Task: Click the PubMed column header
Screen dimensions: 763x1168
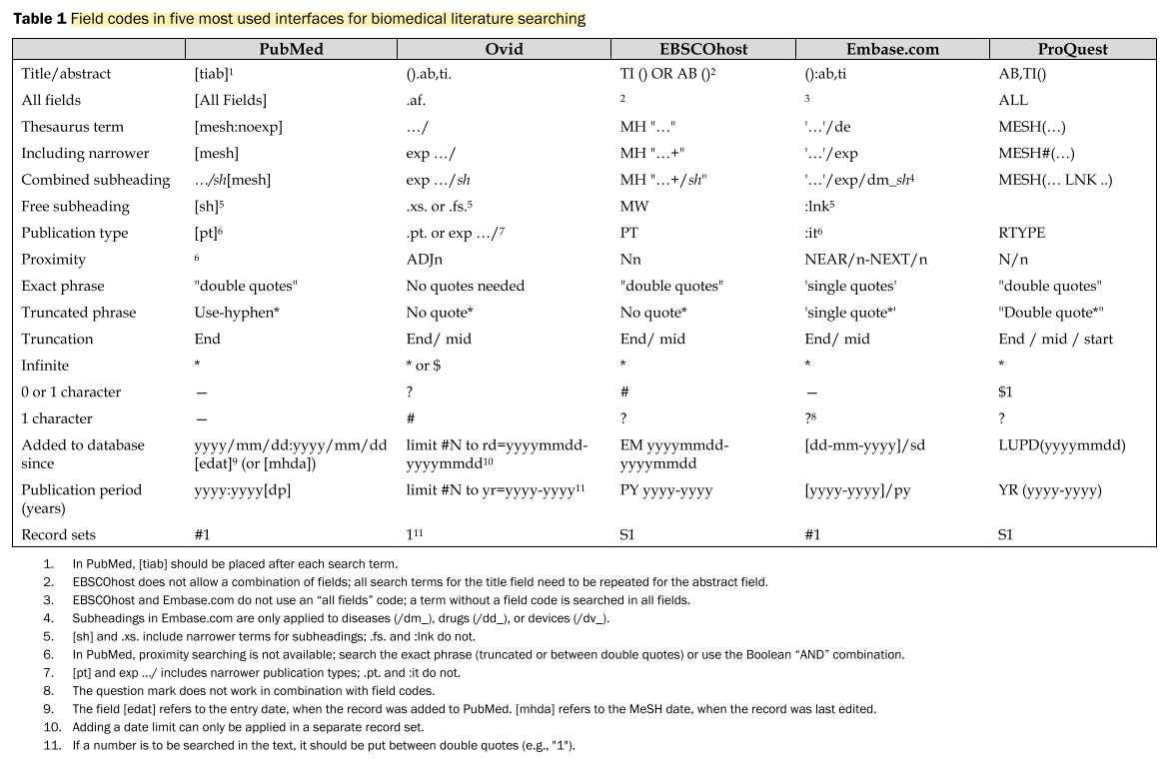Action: (x=291, y=49)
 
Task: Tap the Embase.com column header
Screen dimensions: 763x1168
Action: (x=891, y=49)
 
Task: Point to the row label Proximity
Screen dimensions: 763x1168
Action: (x=54, y=260)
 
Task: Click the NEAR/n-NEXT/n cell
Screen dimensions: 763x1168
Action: (x=865, y=260)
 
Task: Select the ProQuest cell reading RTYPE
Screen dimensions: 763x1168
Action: (x=1021, y=233)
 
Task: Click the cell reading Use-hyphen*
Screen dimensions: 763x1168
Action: (x=237, y=313)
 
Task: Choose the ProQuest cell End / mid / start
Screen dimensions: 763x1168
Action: (x=1055, y=339)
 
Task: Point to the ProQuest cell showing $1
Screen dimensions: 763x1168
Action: (x=1005, y=392)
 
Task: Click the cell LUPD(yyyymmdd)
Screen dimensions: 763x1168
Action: (x=1061, y=445)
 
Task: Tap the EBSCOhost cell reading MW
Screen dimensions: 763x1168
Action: (x=633, y=207)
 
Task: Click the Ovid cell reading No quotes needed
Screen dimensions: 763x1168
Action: (x=465, y=286)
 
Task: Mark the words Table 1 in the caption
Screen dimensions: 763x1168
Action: (x=38, y=19)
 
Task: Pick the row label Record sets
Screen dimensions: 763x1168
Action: (x=59, y=535)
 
